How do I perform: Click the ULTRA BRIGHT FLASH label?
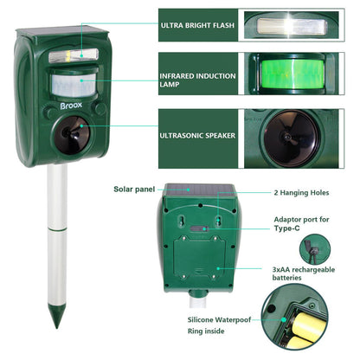pos(197,26)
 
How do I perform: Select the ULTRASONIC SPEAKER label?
pos(197,136)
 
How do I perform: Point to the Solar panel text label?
pos(134,189)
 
